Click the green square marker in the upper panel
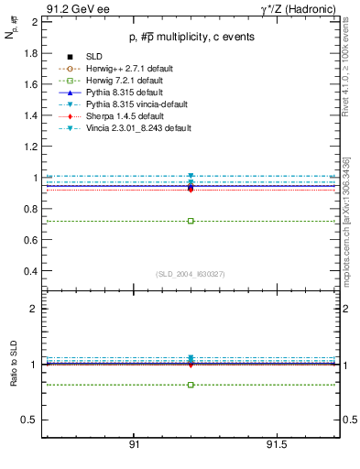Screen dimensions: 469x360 pos(191,221)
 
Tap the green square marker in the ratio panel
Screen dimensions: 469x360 pos(191,385)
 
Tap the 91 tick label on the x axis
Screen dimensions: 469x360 pos(134,444)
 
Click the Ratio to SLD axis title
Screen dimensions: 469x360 pos(14,377)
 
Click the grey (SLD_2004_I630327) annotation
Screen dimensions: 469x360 pos(191,274)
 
